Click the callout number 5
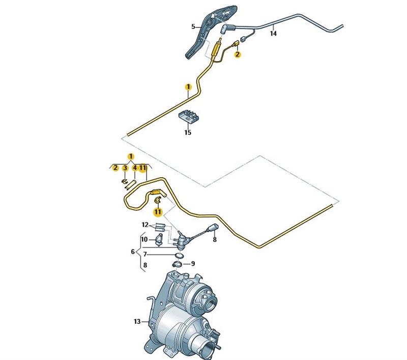click(193, 26)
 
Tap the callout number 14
click(274, 34)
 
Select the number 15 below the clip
click(188, 133)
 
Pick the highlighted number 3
click(125, 168)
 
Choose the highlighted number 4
click(135, 168)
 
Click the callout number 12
click(145, 225)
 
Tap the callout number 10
click(144, 239)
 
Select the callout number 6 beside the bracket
click(133, 252)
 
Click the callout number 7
click(144, 254)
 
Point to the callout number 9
click(193, 264)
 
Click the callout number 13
click(137, 321)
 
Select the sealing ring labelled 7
click(179, 254)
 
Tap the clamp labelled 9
click(178, 264)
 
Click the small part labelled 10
click(158, 238)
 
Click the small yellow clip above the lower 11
click(157, 200)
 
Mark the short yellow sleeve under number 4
click(130, 183)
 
